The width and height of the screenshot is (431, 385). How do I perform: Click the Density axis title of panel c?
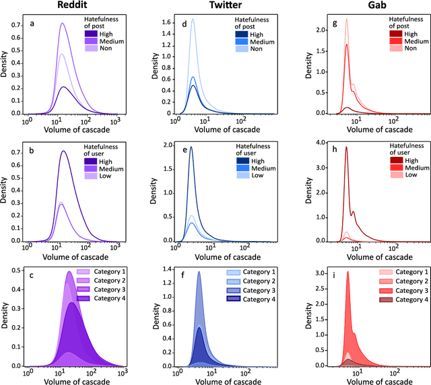(6, 316)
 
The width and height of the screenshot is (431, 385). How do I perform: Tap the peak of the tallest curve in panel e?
(191, 147)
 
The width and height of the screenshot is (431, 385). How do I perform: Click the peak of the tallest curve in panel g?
(346, 20)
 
